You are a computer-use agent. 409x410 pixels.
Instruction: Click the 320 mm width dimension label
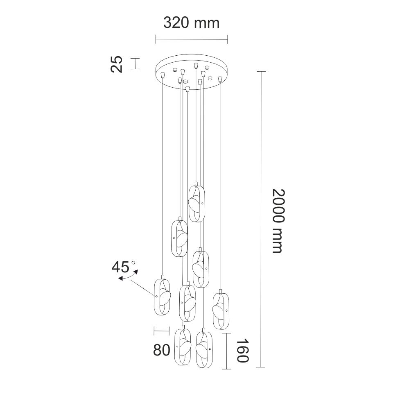(191, 23)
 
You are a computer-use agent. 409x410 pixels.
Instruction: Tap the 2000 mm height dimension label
(278, 221)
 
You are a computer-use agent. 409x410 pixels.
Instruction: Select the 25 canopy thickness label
(116, 64)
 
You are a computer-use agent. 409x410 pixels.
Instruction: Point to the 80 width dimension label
(161, 350)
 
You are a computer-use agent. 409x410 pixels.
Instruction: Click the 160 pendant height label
(242, 351)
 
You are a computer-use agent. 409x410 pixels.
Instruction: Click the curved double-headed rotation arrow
(128, 276)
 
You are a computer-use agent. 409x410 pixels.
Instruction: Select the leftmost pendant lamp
(162, 295)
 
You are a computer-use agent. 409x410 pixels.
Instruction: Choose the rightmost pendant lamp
(221, 310)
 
